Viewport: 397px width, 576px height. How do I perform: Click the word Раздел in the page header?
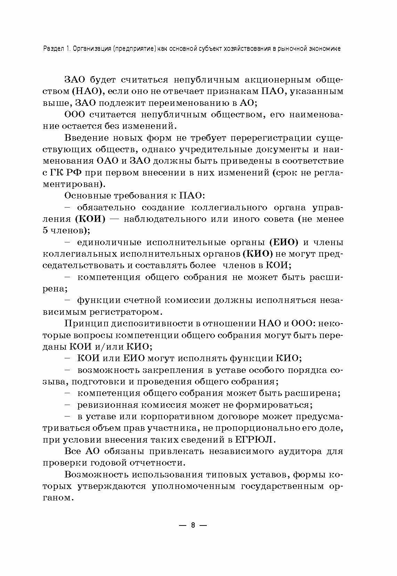pos(52,49)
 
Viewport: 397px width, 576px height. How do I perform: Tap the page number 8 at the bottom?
pos(194,525)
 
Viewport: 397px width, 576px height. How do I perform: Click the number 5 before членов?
pos(46,231)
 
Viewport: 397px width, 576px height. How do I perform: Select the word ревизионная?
pos(104,405)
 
